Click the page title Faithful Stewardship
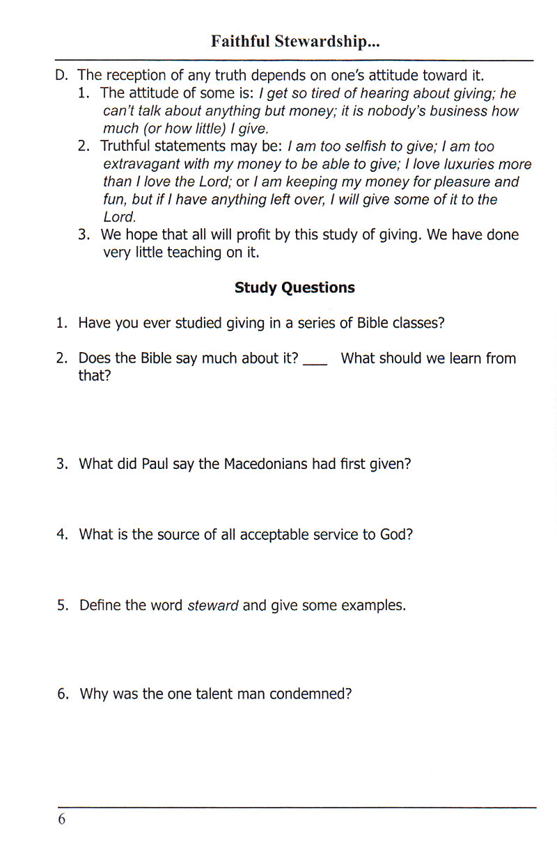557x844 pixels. click(x=295, y=42)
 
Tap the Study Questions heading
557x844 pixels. click(x=295, y=288)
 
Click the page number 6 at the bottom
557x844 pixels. click(x=61, y=820)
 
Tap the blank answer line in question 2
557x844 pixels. click(x=315, y=363)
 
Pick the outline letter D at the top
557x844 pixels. click(x=61, y=75)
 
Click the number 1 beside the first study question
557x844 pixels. click(x=61, y=324)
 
